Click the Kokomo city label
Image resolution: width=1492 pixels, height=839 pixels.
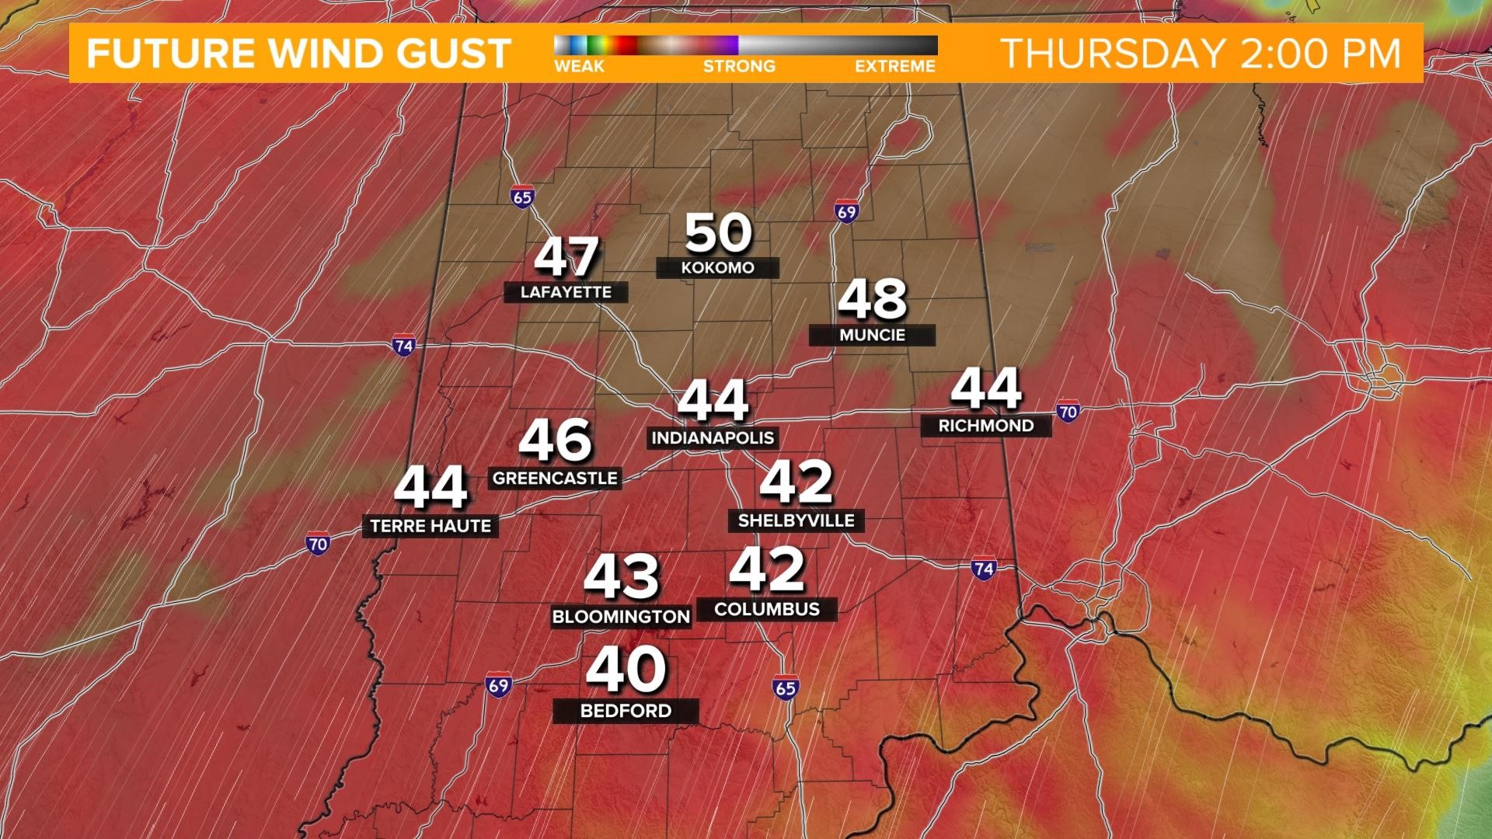[x=717, y=268]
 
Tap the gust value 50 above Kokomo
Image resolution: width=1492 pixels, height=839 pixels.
[x=719, y=232]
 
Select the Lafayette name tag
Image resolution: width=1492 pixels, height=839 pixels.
[x=566, y=293]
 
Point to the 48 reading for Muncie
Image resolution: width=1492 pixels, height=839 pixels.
[x=872, y=299]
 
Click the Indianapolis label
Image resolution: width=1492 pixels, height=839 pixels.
[x=713, y=438]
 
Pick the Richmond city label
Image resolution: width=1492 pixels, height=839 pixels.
[x=985, y=426]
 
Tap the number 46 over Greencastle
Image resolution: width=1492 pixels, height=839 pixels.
[x=555, y=440]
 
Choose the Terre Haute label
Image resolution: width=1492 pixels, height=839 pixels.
[x=431, y=526]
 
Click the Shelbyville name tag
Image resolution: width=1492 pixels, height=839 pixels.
[x=796, y=520]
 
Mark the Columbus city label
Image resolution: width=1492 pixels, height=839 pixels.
[x=767, y=609]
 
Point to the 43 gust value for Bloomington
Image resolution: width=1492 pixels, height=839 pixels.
[x=621, y=576]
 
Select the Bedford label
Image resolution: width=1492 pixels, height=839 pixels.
[x=626, y=711]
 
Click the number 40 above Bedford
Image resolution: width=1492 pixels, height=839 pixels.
[x=626, y=670]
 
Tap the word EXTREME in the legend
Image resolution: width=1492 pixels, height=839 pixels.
[x=894, y=67]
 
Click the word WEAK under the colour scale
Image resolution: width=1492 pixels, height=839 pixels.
[x=579, y=67]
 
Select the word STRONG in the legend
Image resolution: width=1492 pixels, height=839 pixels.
[x=739, y=67]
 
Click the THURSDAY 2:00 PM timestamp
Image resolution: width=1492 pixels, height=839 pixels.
[x=1201, y=54]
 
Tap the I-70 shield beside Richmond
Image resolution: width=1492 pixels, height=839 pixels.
[x=1068, y=412]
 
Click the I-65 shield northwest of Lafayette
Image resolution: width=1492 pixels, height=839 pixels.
[x=522, y=197]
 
